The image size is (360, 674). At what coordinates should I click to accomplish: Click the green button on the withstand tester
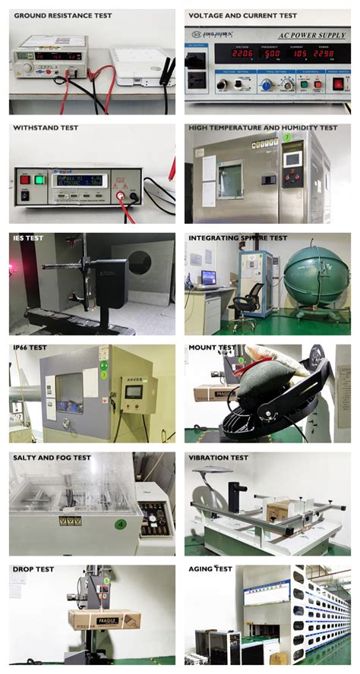[x=39, y=180]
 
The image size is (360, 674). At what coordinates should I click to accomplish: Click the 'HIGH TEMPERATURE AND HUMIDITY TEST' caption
[x=263, y=128]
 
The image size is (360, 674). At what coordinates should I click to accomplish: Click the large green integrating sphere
[x=315, y=275]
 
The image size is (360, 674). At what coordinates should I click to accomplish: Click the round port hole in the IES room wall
[x=139, y=263]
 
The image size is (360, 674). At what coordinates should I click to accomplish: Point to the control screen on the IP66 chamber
[x=133, y=391]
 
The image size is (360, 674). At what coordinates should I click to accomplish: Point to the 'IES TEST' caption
[x=28, y=238]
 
